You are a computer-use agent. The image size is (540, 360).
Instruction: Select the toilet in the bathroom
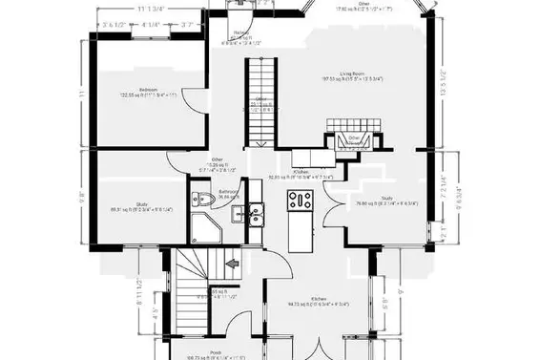pos(199,200)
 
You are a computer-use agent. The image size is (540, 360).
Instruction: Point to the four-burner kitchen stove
pos(301,200)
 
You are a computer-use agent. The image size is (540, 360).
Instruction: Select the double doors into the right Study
pos(336,197)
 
